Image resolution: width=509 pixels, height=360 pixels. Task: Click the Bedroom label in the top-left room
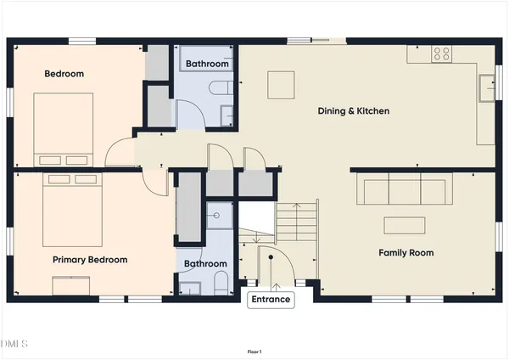(64, 74)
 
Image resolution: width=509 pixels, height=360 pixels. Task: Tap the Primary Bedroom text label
(90, 260)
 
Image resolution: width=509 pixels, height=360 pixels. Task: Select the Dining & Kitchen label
(353, 110)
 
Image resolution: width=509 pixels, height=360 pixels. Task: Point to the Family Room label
(406, 252)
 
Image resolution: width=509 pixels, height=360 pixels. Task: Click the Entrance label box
(270, 299)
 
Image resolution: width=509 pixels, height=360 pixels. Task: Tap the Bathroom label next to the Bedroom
(207, 64)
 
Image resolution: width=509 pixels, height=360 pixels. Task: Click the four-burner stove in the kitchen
(442, 53)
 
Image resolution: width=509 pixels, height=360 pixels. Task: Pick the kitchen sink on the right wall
(487, 87)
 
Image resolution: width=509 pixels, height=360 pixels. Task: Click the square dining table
(281, 85)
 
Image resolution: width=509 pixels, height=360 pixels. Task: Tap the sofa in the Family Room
(403, 192)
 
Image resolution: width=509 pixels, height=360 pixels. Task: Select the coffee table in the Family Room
(403, 225)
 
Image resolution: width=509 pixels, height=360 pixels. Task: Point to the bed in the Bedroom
(63, 129)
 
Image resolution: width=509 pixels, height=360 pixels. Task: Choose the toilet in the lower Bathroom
(220, 283)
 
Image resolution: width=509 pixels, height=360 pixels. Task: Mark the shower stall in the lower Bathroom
(219, 217)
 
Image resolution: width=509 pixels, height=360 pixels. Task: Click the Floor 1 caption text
(254, 352)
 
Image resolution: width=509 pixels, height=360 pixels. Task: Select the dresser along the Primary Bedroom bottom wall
(75, 287)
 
